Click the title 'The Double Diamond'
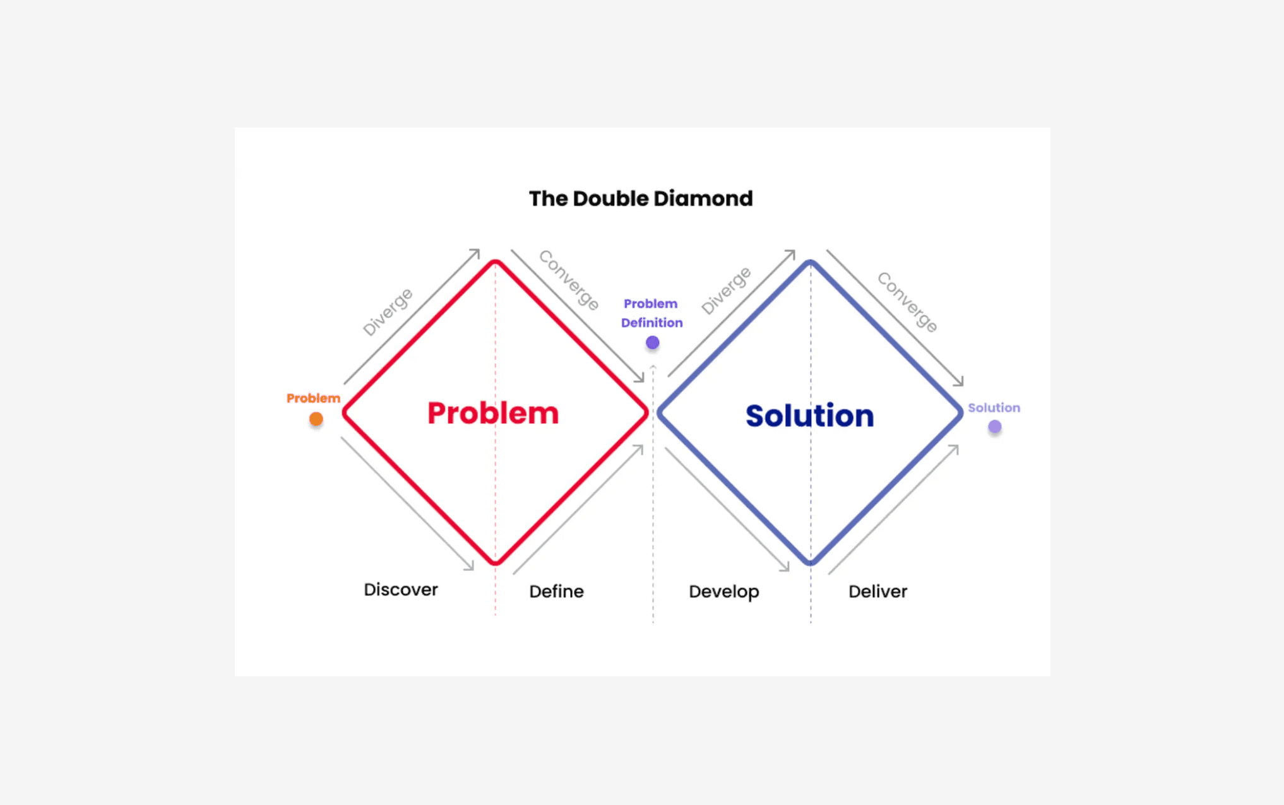point(641,199)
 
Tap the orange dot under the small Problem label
point(316,420)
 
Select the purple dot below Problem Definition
point(653,343)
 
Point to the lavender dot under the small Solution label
point(995,427)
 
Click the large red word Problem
point(493,413)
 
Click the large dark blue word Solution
point(810,416)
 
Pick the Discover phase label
point(401,590)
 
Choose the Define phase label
point(556,592)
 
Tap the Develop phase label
point(724,592)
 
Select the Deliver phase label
point(877,592)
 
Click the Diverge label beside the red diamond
point(388,312)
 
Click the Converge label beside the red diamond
point(569,280)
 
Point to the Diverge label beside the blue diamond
point(726,290)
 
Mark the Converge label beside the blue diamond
point(907,302)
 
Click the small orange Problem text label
point(313,398)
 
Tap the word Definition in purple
point(652,323)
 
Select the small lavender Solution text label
point(994,408)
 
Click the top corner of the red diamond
point(496,262)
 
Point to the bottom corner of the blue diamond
point(811,562)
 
